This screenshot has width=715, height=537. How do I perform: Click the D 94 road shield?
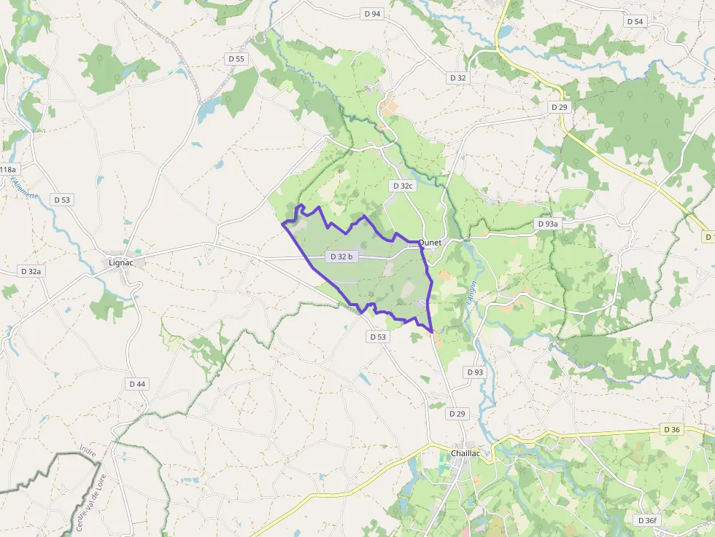(x=372, y=14)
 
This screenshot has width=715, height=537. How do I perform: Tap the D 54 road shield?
(x=635, y=21)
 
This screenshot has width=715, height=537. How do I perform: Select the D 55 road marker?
(x=236, y=58)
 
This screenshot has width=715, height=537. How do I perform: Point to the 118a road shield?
(x=7, y=170)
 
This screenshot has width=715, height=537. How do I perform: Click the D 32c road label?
(x=402, y=186)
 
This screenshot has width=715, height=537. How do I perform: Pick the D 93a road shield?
(x=546, y=224)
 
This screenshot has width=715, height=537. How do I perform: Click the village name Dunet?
(x=430, y=243)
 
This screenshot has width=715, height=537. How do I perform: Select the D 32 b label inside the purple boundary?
(x=341, y=256)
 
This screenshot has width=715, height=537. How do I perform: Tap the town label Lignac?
(x=121, y=262)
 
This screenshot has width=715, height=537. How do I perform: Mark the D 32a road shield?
(x=31, y=271)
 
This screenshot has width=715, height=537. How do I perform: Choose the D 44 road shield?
(x=137, y=383)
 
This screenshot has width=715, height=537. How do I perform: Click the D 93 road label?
(x=475, y=372)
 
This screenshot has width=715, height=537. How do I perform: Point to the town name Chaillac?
(x=465, y=452)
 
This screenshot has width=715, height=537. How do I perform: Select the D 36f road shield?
(x=646, y=520)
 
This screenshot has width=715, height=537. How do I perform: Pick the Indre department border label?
(x=88, y=452)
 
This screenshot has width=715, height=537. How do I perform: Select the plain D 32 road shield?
(x=457, y=77)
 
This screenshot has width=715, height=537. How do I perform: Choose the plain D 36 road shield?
(x=672, y=429)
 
